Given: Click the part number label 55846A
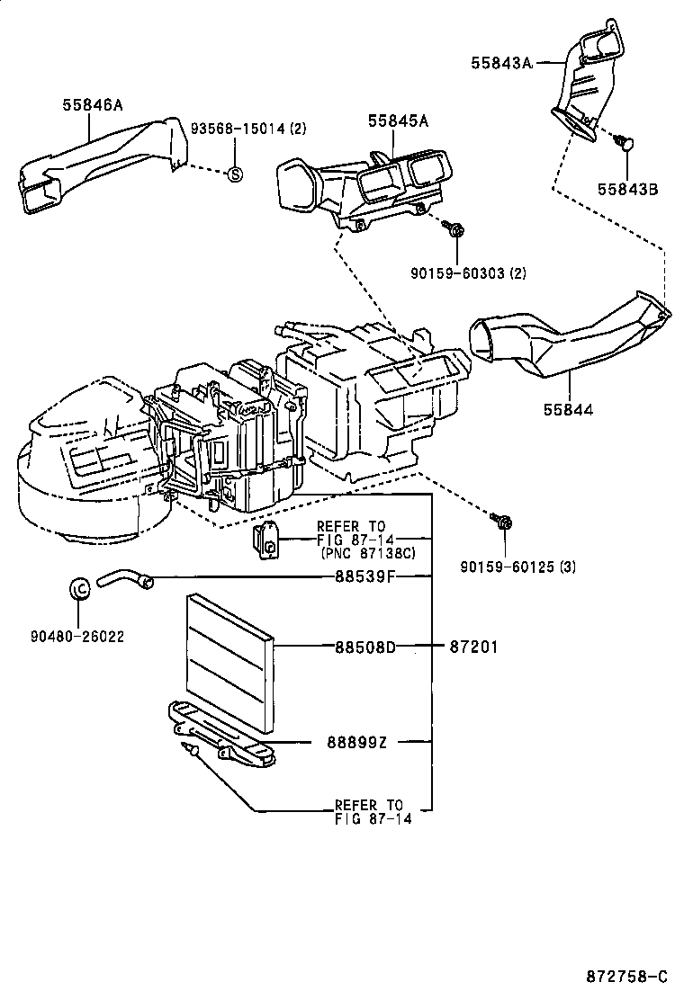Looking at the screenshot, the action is click(93, 104).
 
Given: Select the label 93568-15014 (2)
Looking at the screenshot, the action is click(248, 129).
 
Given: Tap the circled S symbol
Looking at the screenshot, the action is click(235, 174).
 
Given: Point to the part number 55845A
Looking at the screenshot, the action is click(398, 121).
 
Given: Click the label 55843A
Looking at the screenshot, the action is click(501, 63).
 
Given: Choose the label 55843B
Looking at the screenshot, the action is click(628, 190).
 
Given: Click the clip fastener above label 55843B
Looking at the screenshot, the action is click(625, 142).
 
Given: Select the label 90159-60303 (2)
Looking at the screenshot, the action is click(468, 273).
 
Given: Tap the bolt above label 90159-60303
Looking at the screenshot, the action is click(455, 228).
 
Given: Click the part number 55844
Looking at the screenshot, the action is click(569, 409).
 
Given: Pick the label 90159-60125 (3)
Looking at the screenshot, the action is click(518, 567).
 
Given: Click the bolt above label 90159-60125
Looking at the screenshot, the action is click(503, 522).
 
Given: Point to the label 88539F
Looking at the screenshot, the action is click(365, 576).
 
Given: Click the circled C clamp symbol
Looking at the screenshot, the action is click(80, 586).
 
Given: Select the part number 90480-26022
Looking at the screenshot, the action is click(77, 636).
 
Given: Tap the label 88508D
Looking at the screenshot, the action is click(365, 647).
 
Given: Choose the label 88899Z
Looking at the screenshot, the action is click(357, 742).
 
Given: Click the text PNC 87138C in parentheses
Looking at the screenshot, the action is click(368, 552).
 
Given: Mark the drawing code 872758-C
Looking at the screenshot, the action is click(627, 976).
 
